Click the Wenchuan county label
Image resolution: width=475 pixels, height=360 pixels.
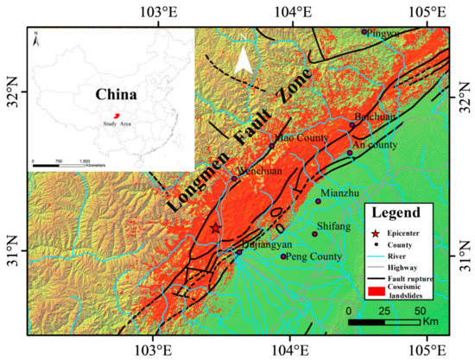coord(256,171)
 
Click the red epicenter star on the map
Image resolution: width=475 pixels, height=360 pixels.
coord(215,228)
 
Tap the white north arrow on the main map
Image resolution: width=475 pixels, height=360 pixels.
coord(245,58)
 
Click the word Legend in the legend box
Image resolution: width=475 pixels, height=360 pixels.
coord(396,212)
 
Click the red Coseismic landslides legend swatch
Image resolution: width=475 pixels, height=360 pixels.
coord(374,294)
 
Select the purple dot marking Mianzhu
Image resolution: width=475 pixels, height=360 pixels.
coord(318,201)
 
